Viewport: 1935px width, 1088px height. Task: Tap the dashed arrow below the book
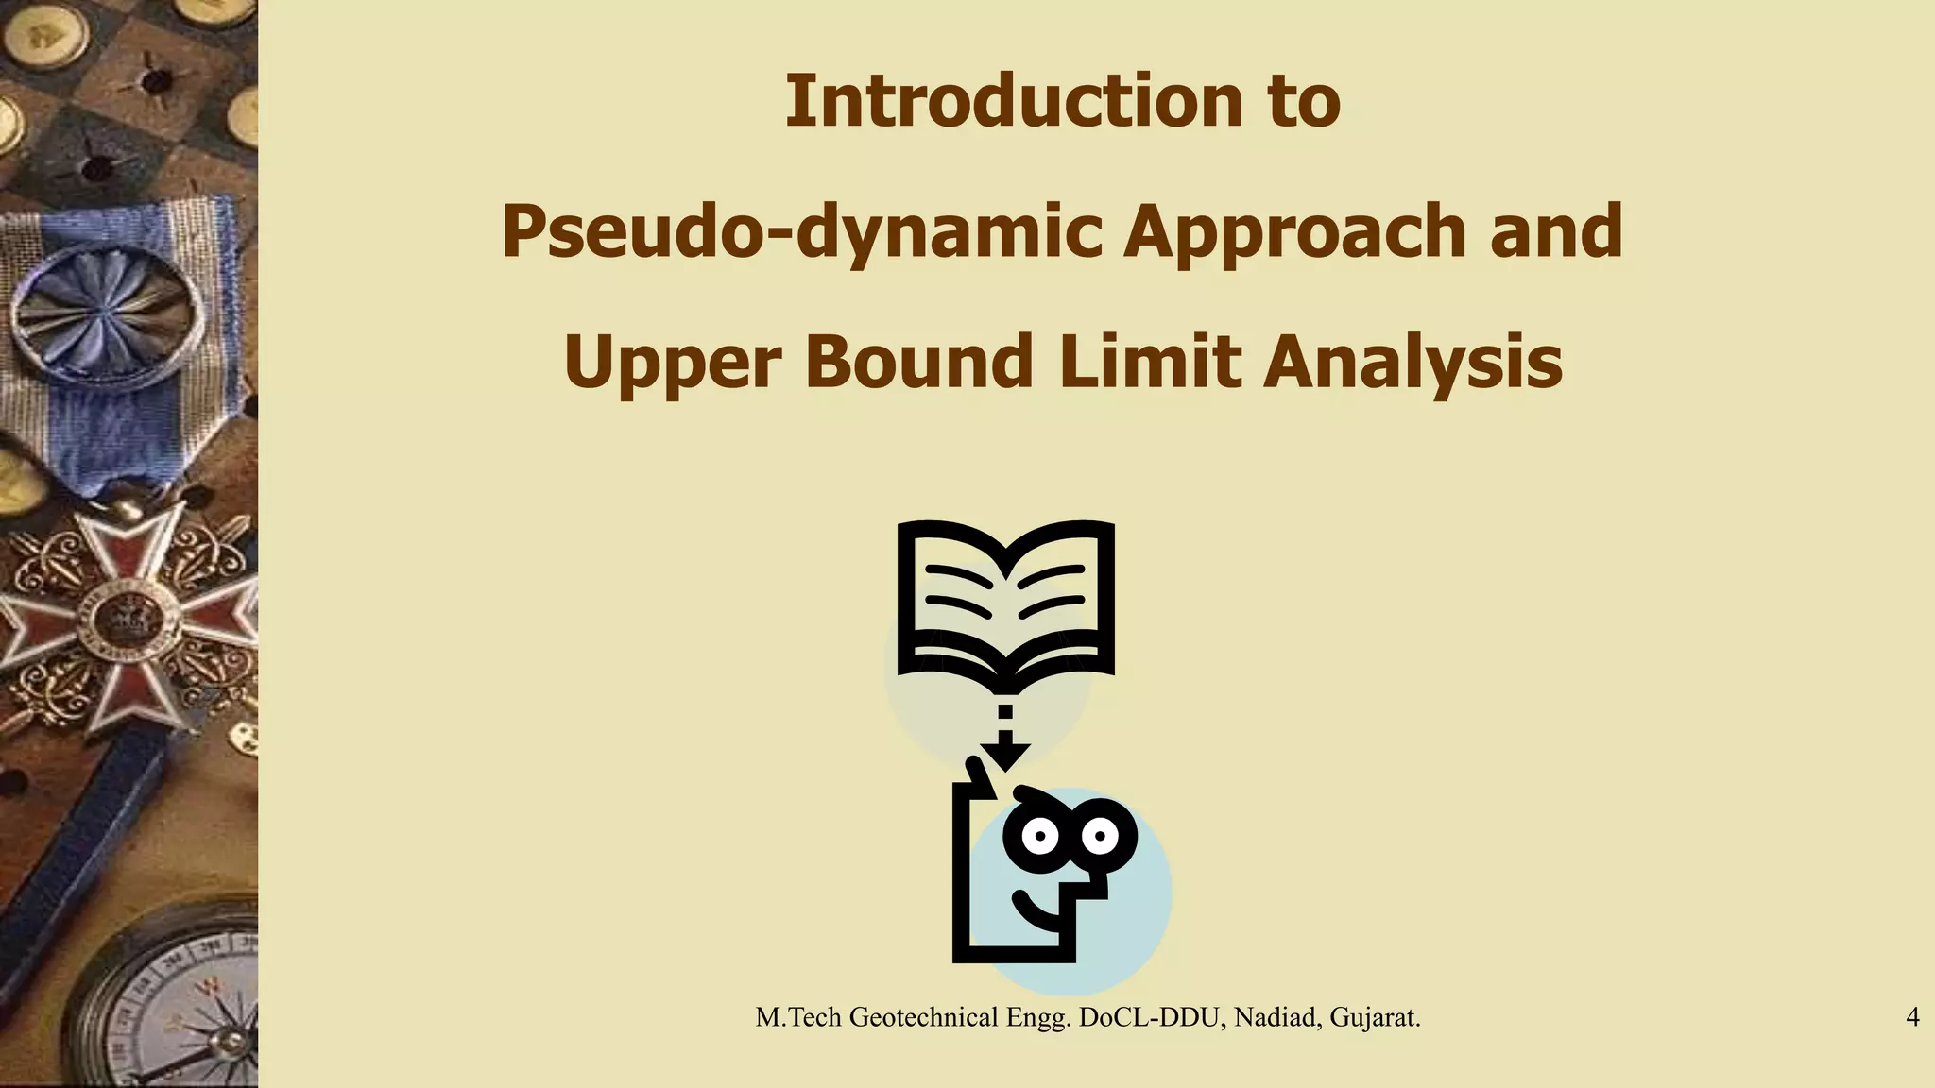click(x=1005, y=737)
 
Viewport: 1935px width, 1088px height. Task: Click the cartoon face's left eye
click(x=1040, y=836)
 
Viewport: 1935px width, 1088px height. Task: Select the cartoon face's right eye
click(x=1100, y=835)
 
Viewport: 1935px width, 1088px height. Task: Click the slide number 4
click(x=1912, y=1017)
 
